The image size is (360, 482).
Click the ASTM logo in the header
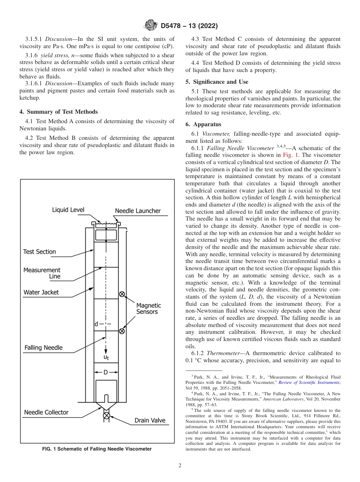point(152,26)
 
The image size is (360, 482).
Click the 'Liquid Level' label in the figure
point(68,210)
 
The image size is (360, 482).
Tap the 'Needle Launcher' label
point(138,211)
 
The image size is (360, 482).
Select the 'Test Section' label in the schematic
point(39,252)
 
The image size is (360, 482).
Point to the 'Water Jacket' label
point(41,292)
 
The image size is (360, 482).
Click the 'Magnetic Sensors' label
point(149,308)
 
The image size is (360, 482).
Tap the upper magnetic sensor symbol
point(122,294)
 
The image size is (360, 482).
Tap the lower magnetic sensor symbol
point(122,331)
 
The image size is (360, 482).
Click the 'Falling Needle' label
point(44,347)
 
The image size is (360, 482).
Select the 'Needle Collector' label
point(46,412)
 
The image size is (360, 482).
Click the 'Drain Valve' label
point(150,421)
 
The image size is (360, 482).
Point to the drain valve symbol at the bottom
point(106,416)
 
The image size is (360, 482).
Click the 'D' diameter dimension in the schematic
point(106,372)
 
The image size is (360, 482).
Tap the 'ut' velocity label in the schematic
point(107,357)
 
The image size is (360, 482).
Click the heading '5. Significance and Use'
point(217,82)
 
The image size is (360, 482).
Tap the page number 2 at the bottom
point(180,466)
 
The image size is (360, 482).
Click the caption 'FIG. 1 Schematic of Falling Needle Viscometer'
point(97,449)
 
